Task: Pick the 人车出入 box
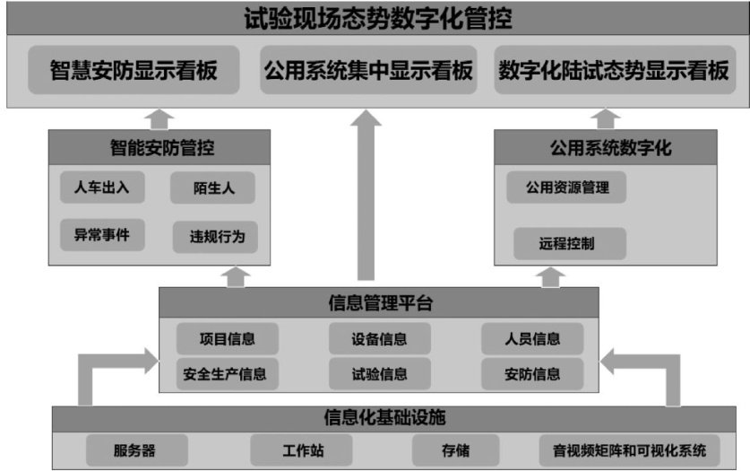101,188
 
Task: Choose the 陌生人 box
212,188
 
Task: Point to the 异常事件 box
101,235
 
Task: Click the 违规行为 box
216,237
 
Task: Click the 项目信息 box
227,338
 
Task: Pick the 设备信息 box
379,338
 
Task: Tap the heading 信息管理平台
380,303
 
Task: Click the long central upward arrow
366,197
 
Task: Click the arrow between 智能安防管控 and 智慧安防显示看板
160,118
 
